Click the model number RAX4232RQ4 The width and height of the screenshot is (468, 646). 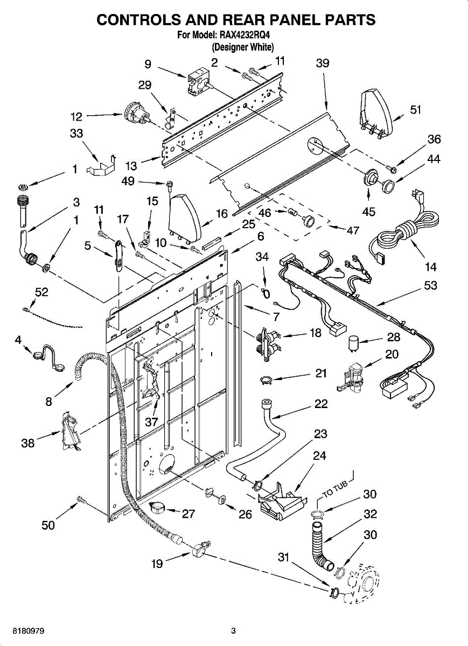244,36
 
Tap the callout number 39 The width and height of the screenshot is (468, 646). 323,63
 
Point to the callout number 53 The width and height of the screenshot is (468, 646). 430,285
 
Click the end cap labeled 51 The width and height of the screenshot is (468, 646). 376,114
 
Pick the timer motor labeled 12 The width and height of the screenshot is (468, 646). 137,115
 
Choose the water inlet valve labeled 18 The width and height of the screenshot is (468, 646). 268,344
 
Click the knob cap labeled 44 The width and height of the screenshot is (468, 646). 387,185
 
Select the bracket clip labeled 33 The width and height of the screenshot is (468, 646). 102,165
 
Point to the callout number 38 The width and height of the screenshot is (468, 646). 27,443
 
